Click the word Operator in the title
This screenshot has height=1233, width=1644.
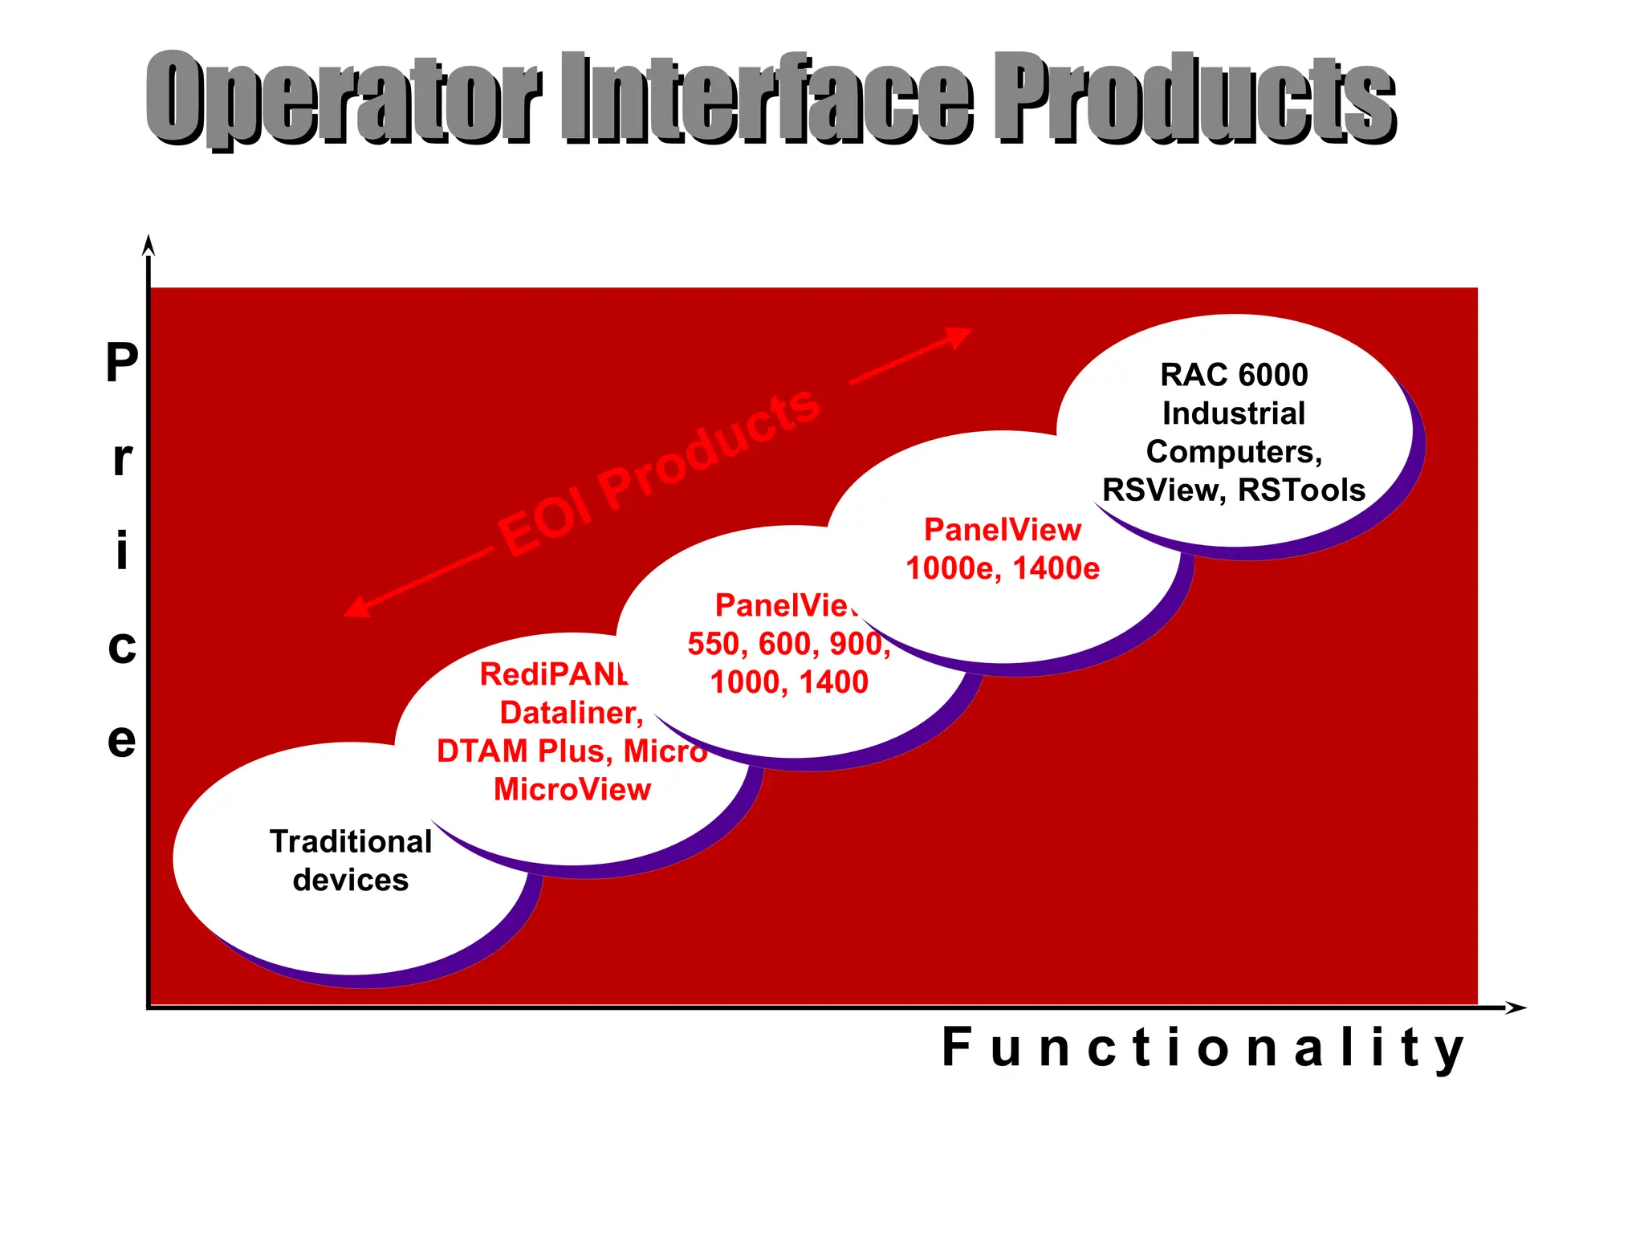point(344,98)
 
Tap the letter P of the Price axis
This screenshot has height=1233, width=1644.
point(122,363)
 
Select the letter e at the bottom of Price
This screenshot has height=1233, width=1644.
point(122,740)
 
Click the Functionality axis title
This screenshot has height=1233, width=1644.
point(1202,1048)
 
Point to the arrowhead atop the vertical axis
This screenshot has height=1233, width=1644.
point(148,245)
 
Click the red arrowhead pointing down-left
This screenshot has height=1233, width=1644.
point(356,608)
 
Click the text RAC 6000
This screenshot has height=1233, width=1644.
point(1234,375)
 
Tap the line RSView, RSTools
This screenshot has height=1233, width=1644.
point(1234,490)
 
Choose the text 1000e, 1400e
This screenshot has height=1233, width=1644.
point(1003,568)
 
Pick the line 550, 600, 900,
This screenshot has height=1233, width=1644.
point(788,644)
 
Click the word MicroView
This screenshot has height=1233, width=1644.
point(572,789)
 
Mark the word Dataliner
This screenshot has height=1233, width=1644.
point(571,713)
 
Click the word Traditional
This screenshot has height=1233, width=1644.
point(351,841)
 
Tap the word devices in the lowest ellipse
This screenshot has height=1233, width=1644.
point(351,881)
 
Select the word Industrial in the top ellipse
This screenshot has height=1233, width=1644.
point(1234,413)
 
